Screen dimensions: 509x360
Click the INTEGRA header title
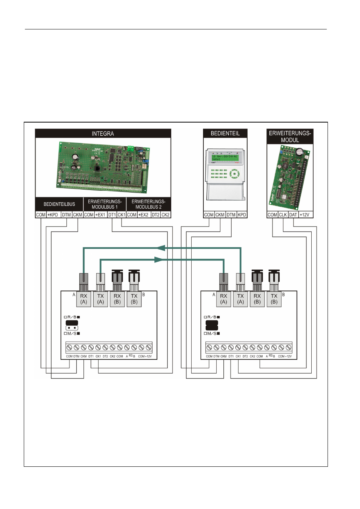click(103, 133)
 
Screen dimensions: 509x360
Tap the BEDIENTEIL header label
click(225, 133)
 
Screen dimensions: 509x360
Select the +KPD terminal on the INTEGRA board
click(53, 215)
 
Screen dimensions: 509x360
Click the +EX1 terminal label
click(100, 215)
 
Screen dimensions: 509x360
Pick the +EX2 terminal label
click(143, 215)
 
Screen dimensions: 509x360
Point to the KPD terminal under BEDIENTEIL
click(242, 215)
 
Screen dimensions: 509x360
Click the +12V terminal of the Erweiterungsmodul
click(305, 215)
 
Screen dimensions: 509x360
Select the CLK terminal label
click(283, 215)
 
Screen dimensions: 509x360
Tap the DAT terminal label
click(293, 215)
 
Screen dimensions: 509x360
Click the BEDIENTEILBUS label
click(59, 204)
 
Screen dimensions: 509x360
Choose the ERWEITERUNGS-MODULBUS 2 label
click(148, 204)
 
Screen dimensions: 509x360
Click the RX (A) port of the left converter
click(84, 299)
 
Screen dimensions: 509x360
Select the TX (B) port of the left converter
click(134, 299)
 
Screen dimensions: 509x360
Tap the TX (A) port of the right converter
click(240, 299)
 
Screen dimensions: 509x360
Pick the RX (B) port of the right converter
click(257, 299)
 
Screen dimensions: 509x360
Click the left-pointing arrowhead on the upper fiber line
click(161, 248)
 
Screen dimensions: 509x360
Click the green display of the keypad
click(225, 158)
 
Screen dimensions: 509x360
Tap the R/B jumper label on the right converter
click(212, 317)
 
